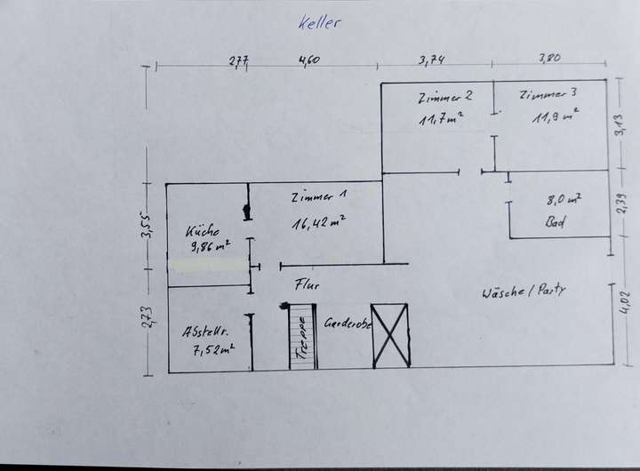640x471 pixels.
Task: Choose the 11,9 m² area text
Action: point(556,116)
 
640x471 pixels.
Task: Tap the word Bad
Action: point(556,224)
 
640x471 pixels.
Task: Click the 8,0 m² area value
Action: point(563,201)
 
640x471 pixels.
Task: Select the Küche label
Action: point(203,230)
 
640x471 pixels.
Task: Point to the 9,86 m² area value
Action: point(210,246)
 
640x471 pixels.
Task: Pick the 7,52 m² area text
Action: point(212,349)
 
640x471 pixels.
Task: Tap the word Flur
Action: point(307,285)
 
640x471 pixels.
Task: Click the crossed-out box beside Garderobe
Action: point(390,335)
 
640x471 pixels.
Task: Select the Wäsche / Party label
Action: point(524,291)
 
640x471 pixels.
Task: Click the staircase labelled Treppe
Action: point(301,335)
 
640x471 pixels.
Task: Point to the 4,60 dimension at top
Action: point(308,60)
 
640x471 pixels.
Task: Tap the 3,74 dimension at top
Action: point(431,60)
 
